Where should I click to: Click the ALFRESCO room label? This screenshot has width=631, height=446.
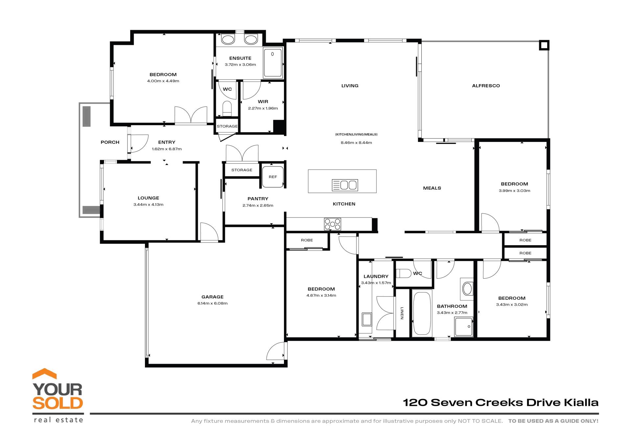pos(486,86)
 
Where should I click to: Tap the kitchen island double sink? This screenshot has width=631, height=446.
pos(345,185)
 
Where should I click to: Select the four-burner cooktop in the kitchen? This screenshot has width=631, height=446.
pos(332,224)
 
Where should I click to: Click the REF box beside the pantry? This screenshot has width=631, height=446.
pos(273,177)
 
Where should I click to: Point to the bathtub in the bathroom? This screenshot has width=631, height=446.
pos(422,313)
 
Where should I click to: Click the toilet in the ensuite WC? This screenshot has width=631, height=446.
pos(227,108)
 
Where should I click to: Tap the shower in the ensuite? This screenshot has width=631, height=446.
pos(272,62)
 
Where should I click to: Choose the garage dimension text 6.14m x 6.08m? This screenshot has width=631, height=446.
pos(212,303)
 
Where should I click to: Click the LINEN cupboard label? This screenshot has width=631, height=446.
pos(402,313)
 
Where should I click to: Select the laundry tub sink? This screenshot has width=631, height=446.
pos(367,319)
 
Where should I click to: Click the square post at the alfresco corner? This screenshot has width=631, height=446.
pos(544,45)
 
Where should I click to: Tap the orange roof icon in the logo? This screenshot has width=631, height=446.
pos(44,374)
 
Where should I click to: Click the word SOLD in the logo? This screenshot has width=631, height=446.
pos(58,403)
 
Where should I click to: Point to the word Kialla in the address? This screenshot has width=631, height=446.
pos(581,403)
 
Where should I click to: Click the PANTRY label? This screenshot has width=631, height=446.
pos(258,199)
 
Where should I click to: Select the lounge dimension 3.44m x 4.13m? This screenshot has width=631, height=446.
pos(148,204)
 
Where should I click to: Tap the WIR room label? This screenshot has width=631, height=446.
pos(263,102)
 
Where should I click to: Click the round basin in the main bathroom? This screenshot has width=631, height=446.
pos(467,289)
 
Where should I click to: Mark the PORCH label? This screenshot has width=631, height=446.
pos(110,142)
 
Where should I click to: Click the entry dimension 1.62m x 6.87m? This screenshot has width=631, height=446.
pos(167,149)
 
